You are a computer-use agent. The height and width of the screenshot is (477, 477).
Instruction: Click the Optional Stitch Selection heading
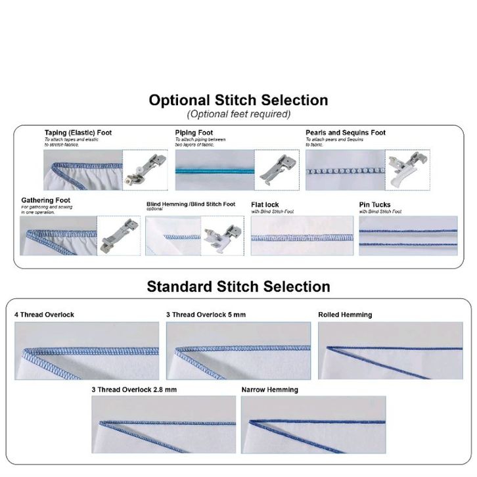(x=238, y=101)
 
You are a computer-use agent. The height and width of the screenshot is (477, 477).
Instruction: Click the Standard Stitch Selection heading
(x=238, y=286)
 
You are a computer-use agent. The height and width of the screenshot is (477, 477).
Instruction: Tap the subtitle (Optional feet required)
(x=238, y=114)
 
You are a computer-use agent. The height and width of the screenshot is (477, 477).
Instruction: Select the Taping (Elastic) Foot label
(x=78, y=133)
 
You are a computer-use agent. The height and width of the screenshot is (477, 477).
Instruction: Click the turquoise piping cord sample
(x=214, y=170)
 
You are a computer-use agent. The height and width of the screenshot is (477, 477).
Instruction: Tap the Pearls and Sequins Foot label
(x=345, y=133)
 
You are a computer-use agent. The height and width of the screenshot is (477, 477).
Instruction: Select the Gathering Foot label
(x=45, y=200)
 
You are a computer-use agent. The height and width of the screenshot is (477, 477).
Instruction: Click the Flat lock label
(x=265, y=205)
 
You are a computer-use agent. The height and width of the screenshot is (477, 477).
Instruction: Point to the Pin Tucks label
(x=375, y=205)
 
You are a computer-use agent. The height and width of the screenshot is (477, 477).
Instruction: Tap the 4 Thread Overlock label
(x=44, y=315)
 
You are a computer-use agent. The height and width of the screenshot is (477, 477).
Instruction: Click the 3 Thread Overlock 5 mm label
(x=206, y=315)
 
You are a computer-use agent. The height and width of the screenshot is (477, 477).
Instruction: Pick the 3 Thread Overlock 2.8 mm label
(x=134, y=390)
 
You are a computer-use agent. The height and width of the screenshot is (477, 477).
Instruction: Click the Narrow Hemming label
(x=269, y=390)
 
